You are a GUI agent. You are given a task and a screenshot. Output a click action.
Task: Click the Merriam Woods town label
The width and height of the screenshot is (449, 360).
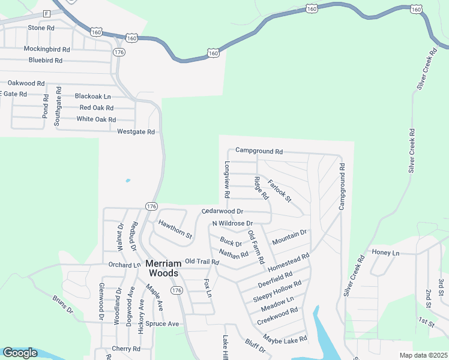162,268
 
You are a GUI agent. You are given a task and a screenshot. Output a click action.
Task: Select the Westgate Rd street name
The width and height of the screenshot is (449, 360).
136,131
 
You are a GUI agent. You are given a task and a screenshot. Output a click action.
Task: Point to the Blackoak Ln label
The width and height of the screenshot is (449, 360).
93,96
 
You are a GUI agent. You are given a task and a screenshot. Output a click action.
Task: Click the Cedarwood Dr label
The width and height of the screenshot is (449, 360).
222,211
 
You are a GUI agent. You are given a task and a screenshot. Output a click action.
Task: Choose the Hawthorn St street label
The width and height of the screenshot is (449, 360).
175,229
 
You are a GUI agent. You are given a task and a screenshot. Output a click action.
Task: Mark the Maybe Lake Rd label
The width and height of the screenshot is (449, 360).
285,339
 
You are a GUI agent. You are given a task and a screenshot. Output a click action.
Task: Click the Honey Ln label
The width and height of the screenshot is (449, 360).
385,253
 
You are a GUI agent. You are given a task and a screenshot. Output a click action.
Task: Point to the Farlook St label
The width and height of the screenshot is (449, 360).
279,190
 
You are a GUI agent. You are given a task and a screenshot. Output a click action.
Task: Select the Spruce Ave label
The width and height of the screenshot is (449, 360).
162,324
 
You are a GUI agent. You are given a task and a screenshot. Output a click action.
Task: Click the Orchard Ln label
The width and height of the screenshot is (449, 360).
124,265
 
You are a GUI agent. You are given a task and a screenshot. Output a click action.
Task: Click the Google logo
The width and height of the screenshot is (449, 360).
20,353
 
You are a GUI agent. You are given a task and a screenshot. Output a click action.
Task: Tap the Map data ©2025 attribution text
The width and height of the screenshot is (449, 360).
423,355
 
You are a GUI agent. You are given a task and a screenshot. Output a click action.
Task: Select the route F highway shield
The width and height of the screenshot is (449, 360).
46,13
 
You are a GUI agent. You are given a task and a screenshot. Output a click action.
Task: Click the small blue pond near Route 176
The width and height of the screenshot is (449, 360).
128,180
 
